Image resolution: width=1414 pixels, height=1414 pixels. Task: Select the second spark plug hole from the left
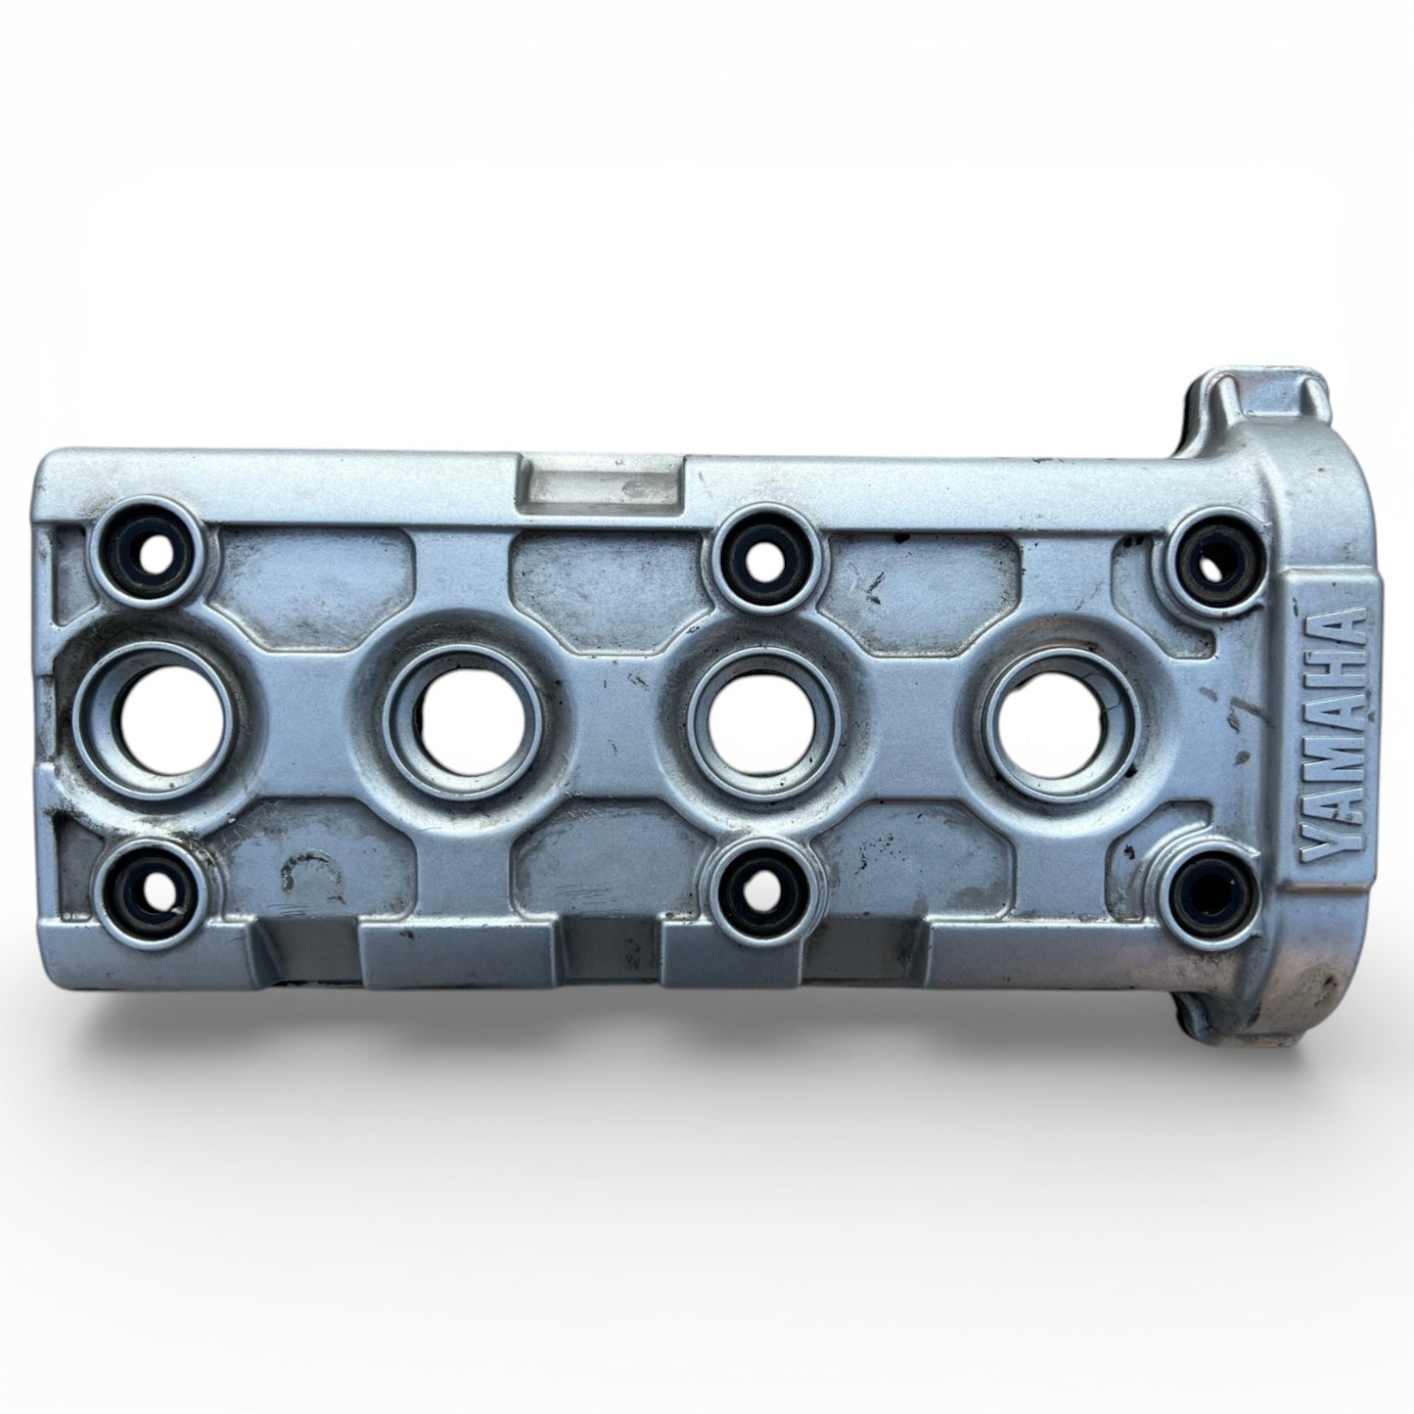(x=471, y=715)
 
